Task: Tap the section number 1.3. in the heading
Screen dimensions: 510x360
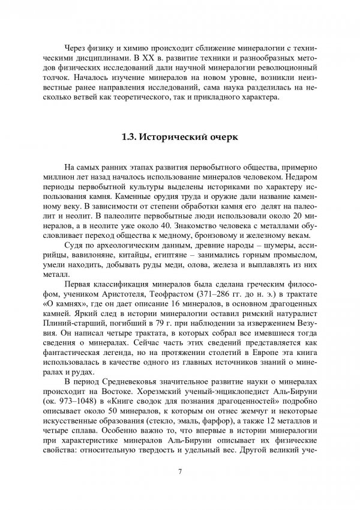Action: pos(131,137)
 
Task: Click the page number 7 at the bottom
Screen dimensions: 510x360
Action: pos(180,469)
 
